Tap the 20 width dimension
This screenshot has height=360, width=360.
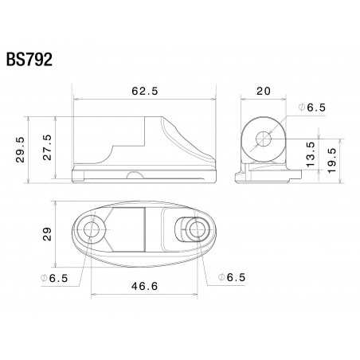(262, 91)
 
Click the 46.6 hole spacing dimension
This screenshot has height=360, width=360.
(145, 285)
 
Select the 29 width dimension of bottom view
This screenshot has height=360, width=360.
(49, 234)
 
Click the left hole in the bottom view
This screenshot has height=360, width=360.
(92, 230)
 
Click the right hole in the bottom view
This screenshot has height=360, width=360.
(198, 230)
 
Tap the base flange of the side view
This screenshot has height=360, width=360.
(143, 174)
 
